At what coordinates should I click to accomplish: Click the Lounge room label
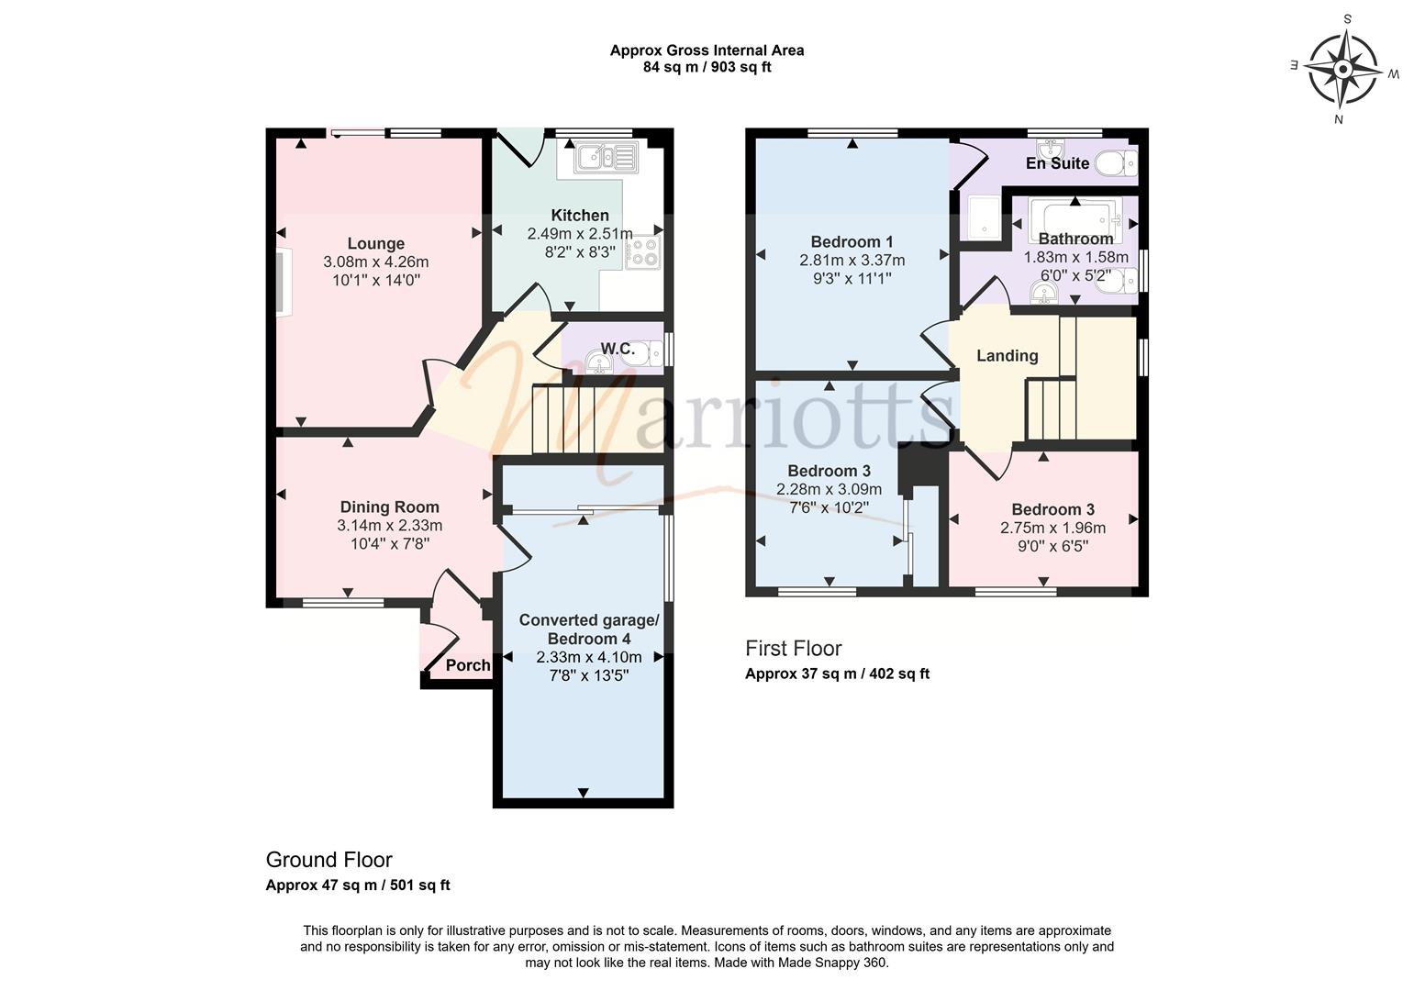point(375,244)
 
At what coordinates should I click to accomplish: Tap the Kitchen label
point(580,216)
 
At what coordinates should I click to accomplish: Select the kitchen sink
point(606,157)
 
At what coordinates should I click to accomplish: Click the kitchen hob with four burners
point(643,252)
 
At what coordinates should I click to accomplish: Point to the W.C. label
point(618,349)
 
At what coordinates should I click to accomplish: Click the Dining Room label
point(389,507)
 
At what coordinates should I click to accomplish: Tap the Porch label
point(468,665)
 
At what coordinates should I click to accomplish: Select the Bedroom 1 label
point(852,241)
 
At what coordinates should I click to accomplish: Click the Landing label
point(1007,356)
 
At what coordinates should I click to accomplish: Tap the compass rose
point(1344,69)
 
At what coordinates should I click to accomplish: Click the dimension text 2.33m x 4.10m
point(589,657)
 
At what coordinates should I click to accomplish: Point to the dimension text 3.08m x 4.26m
point(375,262)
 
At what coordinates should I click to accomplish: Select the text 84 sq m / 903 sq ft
point(707,67)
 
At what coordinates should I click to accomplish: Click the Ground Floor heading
point(328,860)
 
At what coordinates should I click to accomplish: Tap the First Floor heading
point(794,648)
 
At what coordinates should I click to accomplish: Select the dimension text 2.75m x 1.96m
point(1052,529)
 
